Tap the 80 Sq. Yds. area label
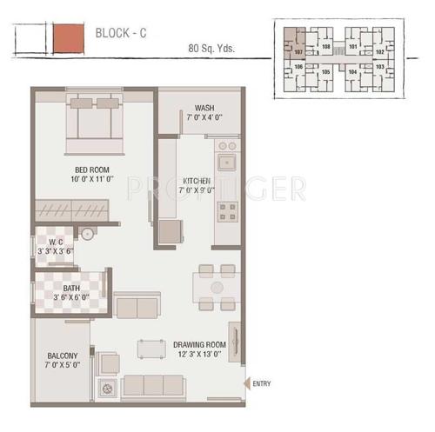(211, 49)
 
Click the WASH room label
(204, 108)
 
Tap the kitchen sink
(228, 161)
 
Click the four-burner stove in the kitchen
(228, 210)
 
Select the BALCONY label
(63, 356)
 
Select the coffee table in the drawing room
(151, 348)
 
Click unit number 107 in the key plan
(298, 52)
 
